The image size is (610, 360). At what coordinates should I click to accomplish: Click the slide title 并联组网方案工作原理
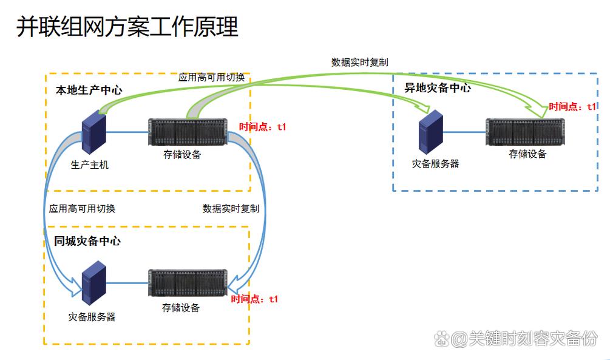(127, 27)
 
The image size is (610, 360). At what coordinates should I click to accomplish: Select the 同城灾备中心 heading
(87, 241)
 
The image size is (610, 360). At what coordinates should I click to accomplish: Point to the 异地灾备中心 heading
(438, 88)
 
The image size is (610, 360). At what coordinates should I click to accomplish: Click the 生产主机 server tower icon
(94, 134)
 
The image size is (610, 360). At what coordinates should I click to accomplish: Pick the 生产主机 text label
(90, 165)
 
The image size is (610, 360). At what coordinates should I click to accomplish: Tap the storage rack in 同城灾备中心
(188, 283)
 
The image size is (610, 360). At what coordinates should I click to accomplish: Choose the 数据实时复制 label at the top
(360, 62)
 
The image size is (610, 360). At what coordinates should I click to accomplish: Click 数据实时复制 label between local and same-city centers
(231, 208)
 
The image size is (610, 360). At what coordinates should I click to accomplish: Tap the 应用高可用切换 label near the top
(211, 77)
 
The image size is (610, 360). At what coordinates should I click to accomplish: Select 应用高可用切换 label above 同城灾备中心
(82, 208)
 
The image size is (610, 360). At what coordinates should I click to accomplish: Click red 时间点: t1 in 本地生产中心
(262, 127)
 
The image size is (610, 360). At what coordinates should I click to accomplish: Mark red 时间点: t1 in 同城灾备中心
(254, 299)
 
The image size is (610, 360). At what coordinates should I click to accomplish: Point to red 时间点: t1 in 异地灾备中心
(572, 106)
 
